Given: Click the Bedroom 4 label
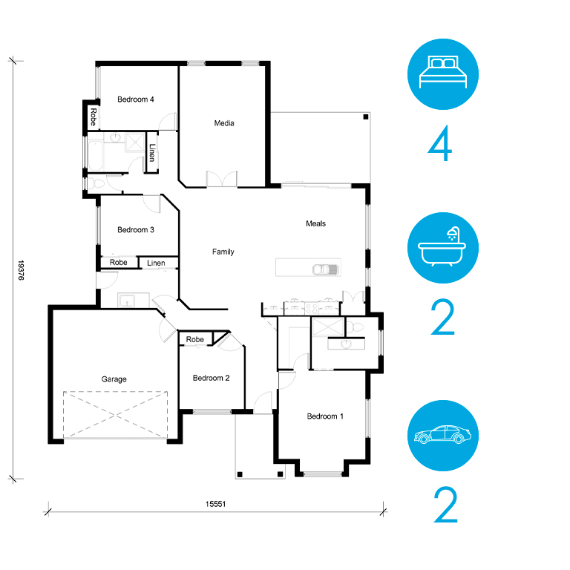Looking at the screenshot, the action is coord(136,99).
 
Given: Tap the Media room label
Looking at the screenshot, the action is coord(224,123).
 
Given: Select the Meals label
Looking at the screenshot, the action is coord(315,223).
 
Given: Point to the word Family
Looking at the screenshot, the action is coord(223,252).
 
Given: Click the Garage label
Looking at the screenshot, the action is coord(114,379).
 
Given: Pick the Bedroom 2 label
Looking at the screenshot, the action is coord(211,378).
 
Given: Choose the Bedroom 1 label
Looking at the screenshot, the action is coord(325,416).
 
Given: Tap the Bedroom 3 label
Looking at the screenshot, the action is coord(136,230).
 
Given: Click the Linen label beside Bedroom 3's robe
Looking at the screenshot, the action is coord(156,263).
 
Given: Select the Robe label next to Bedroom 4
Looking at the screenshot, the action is coord(93,117).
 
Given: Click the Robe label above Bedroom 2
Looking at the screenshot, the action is coord(195,339).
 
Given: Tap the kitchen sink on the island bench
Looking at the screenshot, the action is coord(326,269).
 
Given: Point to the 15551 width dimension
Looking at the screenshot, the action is coord(215,504).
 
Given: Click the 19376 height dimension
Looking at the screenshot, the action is coord(21,270).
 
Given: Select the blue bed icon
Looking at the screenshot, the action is coord(443,74).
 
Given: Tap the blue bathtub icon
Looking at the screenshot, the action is coord(443,248).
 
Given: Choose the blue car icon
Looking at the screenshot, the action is coord(443,436).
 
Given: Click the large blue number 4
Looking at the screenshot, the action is coord(440,143).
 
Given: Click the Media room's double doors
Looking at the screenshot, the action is coord(222,179).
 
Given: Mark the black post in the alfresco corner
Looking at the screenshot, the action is coord(366,117).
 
